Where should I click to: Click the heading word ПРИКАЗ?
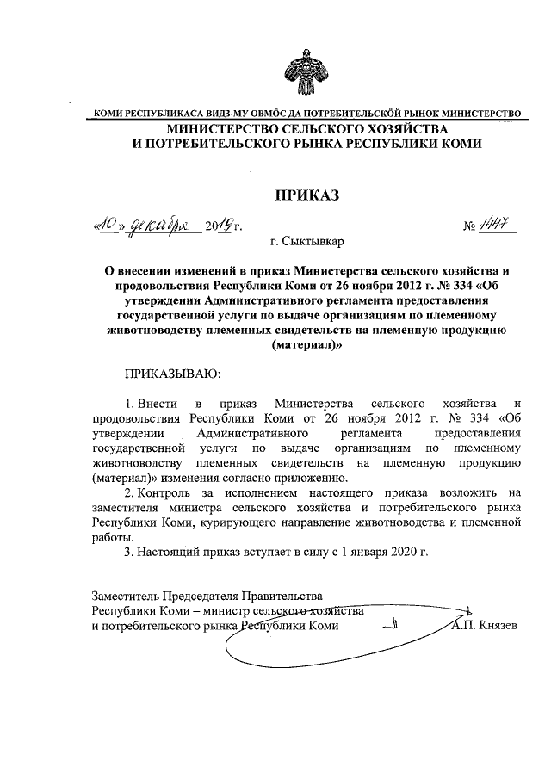306,195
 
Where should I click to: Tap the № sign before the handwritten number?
470,227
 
